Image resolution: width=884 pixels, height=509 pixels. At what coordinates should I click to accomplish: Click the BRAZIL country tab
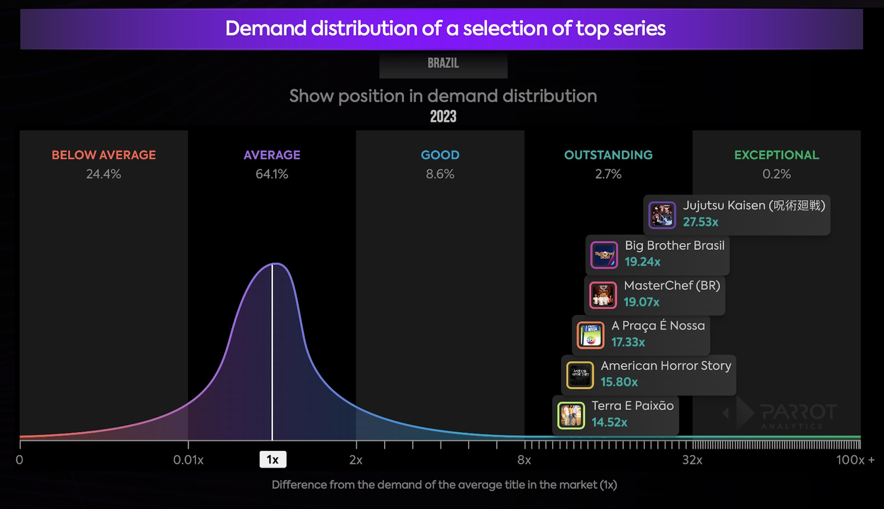(x=443, y=63)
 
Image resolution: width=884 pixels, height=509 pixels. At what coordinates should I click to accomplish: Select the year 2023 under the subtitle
(x=443, y=116)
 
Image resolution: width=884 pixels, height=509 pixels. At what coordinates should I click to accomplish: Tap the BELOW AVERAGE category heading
(x=104, y=155)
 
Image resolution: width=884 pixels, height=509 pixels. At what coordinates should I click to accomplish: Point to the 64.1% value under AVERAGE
(x=272, y=174)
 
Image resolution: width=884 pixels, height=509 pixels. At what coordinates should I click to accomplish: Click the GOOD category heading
(x=440, y=155)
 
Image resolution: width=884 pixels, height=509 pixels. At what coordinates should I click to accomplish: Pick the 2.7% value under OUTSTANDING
(x=608, y=174)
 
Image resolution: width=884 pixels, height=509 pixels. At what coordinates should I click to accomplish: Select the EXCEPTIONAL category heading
(x=776, y=155)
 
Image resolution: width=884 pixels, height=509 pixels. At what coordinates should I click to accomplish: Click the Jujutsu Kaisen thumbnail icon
(x=662, y=215)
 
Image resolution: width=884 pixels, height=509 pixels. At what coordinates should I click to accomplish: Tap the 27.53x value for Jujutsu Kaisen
(x=701, y=222)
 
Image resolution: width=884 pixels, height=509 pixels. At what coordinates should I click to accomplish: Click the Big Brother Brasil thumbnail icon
(x=604, y=255)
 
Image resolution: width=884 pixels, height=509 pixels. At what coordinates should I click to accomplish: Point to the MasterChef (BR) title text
(x=672, y=286)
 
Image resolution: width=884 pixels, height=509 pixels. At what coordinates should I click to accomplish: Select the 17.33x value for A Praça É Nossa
(x=628, y=342)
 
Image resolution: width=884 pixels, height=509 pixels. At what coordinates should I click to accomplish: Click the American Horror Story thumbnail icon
(x=580, y=375)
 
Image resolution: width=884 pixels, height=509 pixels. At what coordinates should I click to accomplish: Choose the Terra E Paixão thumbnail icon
(x=571, y=415)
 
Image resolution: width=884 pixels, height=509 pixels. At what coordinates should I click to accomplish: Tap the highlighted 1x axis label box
(x=272, y=459)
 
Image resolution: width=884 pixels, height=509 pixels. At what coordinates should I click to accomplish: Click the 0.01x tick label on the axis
(x=188, y=460)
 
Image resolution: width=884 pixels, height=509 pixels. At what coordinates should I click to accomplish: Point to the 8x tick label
(x=524, y=460)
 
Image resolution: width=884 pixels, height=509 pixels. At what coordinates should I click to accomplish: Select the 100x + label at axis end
(x=855, y=460)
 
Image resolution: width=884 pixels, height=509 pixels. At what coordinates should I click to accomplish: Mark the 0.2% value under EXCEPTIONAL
(x=776, y=174)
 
